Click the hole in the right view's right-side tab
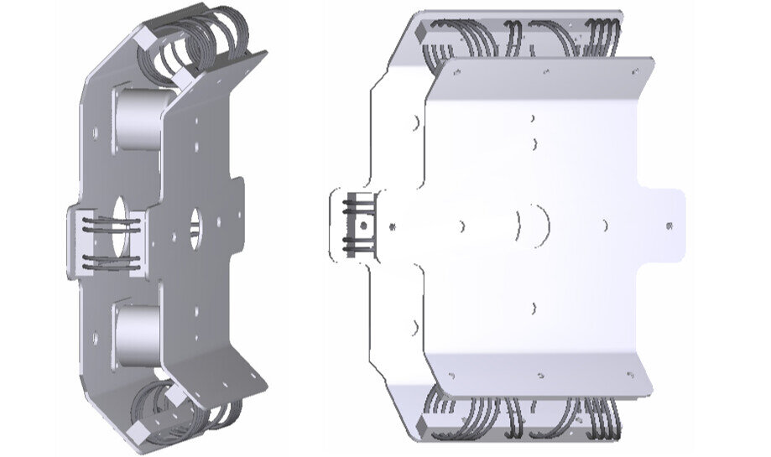pos(669,226)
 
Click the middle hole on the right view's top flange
pos(545,72)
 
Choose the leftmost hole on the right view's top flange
pos(456,72)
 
